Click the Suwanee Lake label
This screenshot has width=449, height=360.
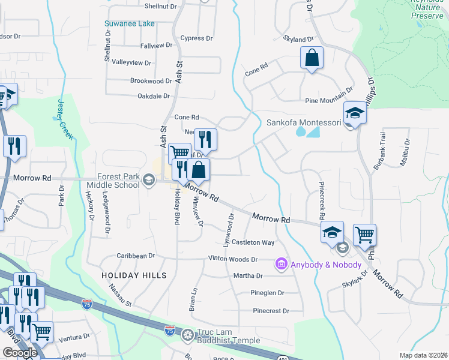(x=130, y=23)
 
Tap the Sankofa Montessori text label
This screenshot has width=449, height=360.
(x=303, y=123)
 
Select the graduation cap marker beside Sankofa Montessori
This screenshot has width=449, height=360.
(x=354, y=113)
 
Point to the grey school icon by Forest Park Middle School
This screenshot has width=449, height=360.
(x=148, y=178)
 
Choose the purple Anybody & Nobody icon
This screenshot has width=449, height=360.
(x=280, y=264)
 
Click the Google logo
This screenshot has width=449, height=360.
(x=20, y=352)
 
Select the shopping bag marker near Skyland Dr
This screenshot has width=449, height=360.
(x=312, y=58)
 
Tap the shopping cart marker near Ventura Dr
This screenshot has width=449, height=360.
(x=42, y=331)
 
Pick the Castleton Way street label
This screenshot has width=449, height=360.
(x=253, y=242)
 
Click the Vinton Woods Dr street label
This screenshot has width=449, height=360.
(x=232, y=259)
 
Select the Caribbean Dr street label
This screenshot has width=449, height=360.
(x=136, y=256)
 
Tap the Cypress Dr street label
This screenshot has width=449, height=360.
(x=196, y=38)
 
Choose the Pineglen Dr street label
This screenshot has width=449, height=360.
(x=267, y=293)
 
